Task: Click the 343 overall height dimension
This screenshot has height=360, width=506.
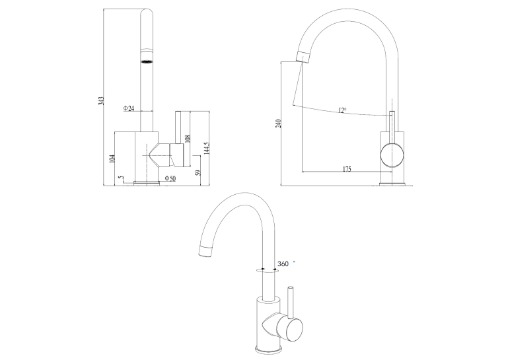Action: pos(101,100)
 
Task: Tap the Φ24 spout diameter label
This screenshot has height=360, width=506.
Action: pos(128,108)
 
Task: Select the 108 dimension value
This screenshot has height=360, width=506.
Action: pos(188,139)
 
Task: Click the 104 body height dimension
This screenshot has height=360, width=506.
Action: pos(112,159)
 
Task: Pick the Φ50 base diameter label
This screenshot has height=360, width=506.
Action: pos(170,178)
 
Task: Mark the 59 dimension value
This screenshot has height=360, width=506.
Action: pos(198,172)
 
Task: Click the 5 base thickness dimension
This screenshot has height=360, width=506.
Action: pos(121,178)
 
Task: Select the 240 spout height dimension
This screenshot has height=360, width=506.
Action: pos(279,124)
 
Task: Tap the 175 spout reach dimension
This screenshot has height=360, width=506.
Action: pos(347,168)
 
